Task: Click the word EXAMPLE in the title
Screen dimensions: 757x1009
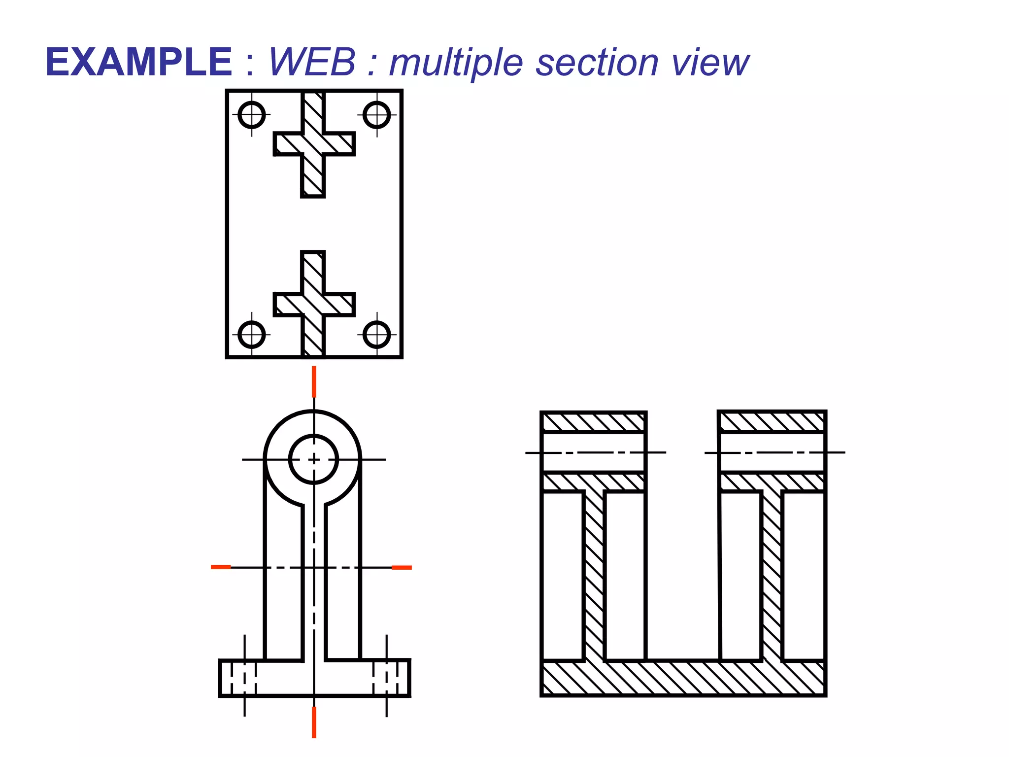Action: (138, 62)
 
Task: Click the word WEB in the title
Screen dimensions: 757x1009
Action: (312, 62)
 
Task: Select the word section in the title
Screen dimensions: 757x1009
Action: (597, 63)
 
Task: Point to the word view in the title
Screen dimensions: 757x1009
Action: (710, 63)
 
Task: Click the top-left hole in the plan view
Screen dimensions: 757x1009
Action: (252, 115)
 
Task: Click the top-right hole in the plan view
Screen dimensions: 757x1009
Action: (377, 115)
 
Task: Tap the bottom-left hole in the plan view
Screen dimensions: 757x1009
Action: (252, 335)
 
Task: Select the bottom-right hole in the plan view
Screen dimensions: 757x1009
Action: (377, 335)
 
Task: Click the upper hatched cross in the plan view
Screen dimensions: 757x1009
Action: (313, 144)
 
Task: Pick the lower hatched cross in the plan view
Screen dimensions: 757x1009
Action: (313, 304)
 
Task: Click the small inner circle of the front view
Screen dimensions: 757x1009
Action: (314, 459)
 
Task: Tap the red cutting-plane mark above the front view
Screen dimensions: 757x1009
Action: (314, 381)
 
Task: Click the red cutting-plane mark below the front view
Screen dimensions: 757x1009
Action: (314, 722)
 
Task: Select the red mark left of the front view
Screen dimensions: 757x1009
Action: (221, 567)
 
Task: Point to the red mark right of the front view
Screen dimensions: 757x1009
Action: (402, 568)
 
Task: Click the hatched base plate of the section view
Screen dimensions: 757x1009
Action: (683, 678)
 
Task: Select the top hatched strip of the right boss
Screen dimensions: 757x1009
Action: (772, 422)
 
